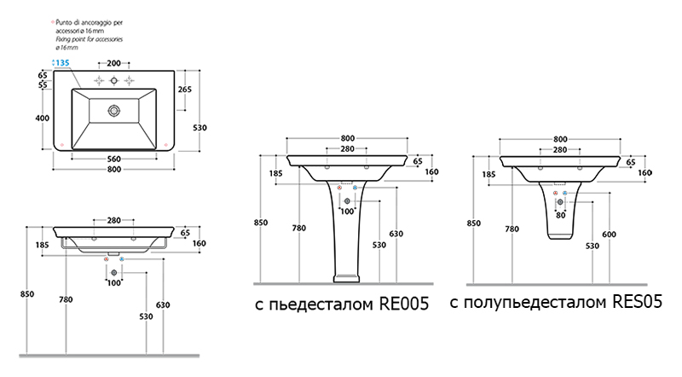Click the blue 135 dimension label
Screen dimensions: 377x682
point(62,63)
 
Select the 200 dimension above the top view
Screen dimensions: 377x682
point(113,63)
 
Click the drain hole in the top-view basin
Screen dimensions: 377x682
point(113,110)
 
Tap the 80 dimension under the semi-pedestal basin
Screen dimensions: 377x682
point(560,215)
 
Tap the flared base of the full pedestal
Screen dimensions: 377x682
point(346,275)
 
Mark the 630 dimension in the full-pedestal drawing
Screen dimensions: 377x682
point(396,234)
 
